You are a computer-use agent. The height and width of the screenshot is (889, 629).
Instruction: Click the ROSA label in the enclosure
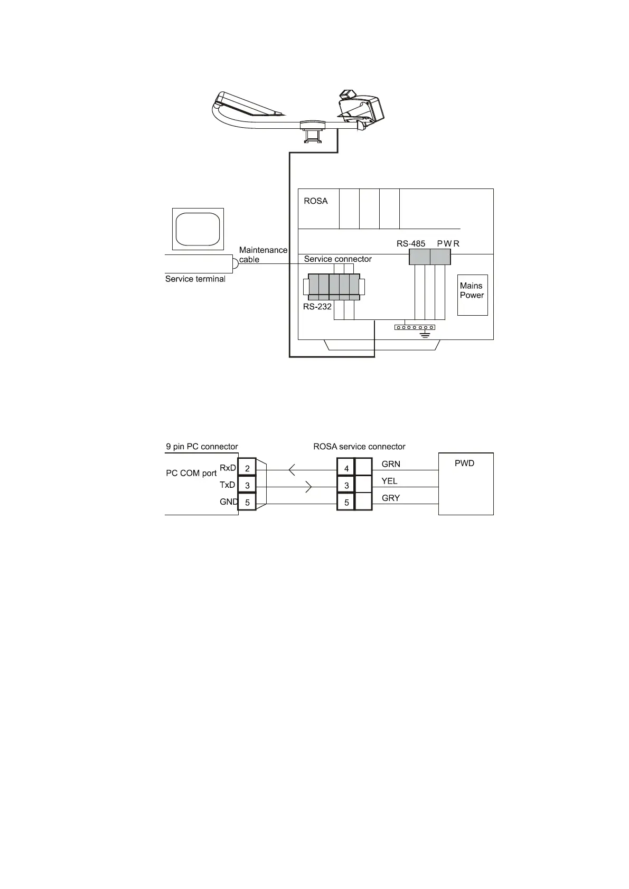pos(316,201)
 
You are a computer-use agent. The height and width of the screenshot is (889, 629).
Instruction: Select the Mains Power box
pos(472,295)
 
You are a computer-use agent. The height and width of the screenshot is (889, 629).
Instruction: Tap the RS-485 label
pos(411,244)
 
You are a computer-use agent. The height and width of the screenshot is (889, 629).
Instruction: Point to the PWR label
pos(448,244)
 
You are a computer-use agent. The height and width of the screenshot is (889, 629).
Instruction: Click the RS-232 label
pos(317,306)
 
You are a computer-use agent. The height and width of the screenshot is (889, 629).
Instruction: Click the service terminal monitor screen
pos(198,229)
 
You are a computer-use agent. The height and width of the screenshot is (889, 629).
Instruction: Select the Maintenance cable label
pos(263,254)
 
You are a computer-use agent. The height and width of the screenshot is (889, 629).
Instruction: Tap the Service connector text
pos(337,259)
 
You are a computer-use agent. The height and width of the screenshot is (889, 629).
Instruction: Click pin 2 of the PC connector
pos(247,468)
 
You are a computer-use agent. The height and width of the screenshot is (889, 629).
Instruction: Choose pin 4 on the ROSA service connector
pos(346,468)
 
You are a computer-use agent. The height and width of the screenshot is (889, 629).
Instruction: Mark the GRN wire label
pos(391,465)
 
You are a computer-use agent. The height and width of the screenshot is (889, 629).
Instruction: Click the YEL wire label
pos(389,481)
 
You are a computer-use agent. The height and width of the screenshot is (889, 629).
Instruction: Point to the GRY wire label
pos(391,498)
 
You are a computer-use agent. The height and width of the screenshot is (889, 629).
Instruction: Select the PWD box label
pos(464,464)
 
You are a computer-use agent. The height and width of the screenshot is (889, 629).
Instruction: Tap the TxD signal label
pos(227,485)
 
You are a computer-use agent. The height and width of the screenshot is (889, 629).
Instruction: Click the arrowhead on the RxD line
pos(292,469)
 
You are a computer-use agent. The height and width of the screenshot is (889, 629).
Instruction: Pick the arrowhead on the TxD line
pos(309,487)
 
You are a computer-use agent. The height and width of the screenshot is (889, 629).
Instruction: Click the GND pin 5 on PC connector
pos(247,503)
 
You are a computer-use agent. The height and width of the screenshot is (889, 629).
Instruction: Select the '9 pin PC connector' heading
pos(202,447)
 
